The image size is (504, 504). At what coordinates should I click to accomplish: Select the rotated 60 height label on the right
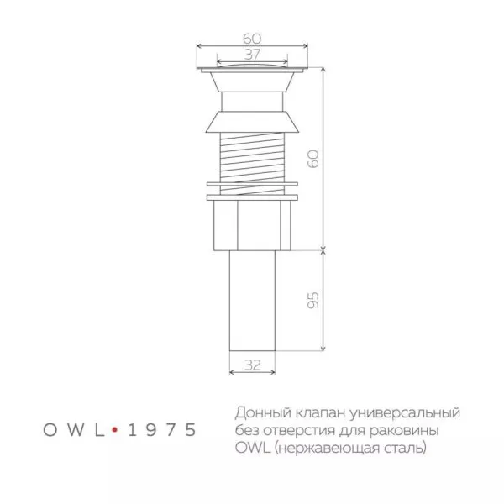(313, 160)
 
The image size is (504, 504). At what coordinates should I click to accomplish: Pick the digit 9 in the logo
(151, 429)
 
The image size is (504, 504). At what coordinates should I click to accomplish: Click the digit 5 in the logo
(192, 429)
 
